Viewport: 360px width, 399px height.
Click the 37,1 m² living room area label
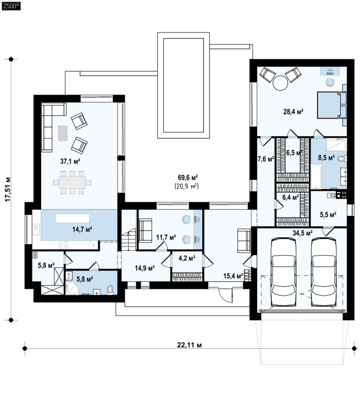[70, 161]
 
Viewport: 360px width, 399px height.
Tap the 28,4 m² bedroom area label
[293, 112]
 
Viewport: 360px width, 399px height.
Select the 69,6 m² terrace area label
[188, 177]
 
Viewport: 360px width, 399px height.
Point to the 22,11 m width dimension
[190, 345]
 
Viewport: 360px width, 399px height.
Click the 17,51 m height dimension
[8, 189]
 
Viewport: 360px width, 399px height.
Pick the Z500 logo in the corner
[11, 7]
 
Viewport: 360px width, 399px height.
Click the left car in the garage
[284, 273]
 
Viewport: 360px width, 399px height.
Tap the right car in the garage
[324, 273]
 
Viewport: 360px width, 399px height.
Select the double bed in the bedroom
[332, 105]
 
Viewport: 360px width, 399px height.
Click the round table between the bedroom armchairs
[280, 82]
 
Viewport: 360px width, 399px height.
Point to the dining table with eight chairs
[72, 182]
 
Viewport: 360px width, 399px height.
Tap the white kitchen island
[73, 218]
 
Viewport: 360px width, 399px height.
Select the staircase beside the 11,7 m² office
[129, 240]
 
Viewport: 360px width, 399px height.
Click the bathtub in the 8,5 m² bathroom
[316, 176]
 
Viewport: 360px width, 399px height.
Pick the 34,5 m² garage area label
[302, 233]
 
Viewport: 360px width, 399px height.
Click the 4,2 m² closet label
[187, 258]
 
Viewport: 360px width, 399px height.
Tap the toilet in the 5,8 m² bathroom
[110, 290]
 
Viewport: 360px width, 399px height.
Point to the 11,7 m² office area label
[166, 237]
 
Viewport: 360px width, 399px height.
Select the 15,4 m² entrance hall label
[233, 276]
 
